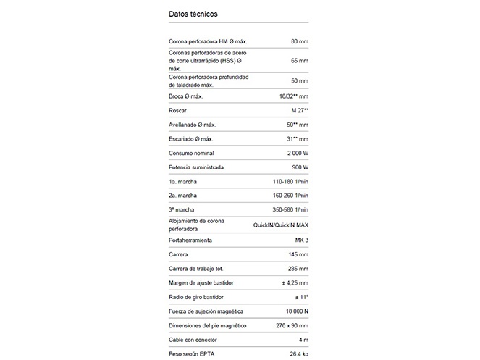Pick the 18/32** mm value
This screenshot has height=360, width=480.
(x=294, y=96)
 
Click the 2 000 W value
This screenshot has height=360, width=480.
(x=295, y=153)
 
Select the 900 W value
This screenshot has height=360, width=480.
(x=298, y=167)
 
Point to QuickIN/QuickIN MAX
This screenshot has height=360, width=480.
(x=281, y=225)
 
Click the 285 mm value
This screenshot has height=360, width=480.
(x=298, y=269)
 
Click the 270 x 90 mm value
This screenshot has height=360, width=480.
(x=290, y=326)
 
